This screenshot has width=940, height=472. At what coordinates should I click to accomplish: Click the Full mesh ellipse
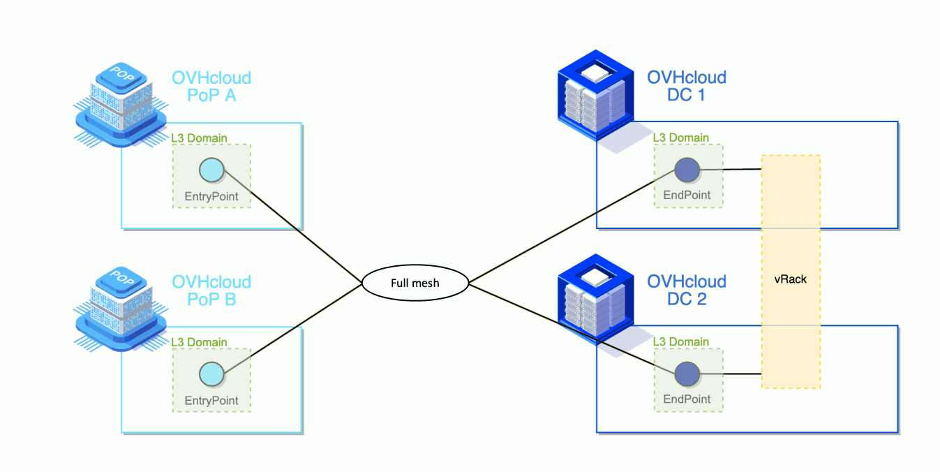coord(415,283)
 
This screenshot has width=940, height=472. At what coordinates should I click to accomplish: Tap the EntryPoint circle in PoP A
coord(211,170)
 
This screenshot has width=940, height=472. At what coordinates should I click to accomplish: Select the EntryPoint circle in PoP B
coord(211,374)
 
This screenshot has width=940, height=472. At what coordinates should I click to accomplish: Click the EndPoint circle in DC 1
coord(687,170)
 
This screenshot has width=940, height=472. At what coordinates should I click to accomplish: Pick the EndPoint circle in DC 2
coord(687,374)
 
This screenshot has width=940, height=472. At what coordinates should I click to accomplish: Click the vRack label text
coord(790,279)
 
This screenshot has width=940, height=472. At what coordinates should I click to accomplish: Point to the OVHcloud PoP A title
coord(211,87)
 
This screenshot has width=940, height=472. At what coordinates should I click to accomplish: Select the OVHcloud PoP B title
coord(211,291)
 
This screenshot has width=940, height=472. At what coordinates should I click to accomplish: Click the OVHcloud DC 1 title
coord(687,87)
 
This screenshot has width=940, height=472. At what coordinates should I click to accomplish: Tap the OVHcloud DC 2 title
coord(687,291)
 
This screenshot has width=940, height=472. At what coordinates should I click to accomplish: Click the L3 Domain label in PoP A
coord(200,138)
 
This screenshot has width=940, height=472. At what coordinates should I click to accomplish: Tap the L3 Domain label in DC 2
coord(681,342)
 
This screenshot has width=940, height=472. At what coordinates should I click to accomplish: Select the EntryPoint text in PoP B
coord(211,401)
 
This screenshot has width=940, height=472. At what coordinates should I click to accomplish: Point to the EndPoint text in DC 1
coord(687,196)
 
